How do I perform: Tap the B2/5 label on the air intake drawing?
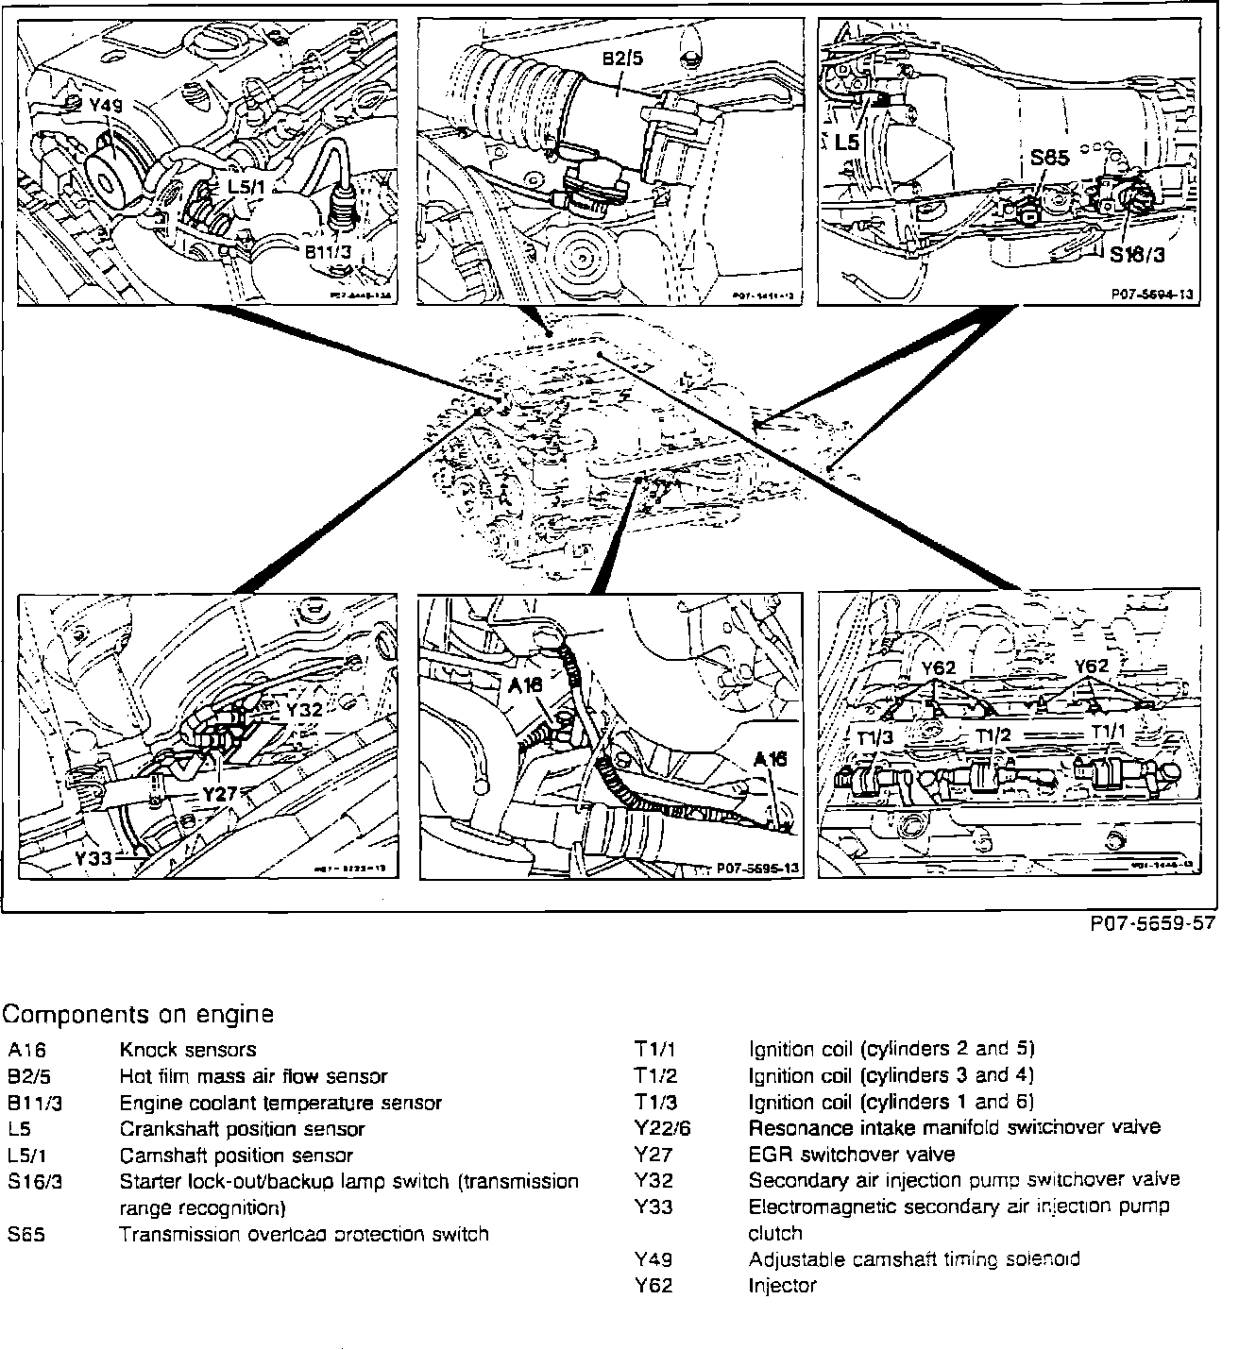pos(622,59)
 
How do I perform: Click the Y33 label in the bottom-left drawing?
pos(94,858)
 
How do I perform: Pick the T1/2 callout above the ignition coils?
pos(993,734)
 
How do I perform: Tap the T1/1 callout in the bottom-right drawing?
pos(1110,732)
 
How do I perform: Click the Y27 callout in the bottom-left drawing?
pos(220,794)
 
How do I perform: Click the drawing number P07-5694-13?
pos(1151,295)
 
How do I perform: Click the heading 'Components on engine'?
pos(138,1015)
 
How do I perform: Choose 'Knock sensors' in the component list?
pos(187,1050)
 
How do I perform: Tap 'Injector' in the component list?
pos(782,1286)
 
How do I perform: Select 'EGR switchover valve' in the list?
pos(851,1155)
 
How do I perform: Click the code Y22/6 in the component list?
pos(663,1128)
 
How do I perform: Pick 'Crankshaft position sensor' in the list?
pos(242,1129)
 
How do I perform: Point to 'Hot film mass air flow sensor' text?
pos(253,1076)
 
